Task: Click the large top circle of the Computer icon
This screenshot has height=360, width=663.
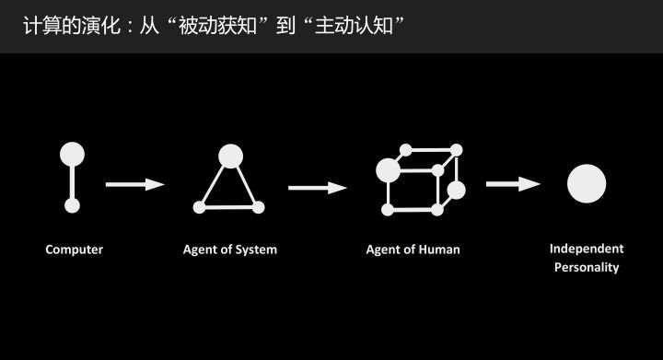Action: point(72,154)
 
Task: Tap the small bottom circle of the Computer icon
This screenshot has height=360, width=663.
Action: point(72,206)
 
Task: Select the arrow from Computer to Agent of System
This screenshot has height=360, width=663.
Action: point(134,184)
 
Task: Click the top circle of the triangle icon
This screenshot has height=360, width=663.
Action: point(230,155)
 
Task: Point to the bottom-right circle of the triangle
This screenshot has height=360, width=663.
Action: point(259,206)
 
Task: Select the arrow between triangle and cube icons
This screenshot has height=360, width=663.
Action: point(317,188)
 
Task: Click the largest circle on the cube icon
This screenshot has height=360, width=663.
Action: point(389,170)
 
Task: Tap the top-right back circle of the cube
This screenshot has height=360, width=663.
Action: point(456,149)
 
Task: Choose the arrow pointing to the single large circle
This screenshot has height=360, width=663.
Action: point(512,184)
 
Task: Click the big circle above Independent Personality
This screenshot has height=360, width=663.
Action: point(586,183)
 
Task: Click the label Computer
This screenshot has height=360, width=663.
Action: point(74,250)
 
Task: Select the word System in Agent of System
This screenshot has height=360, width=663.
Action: point(255,250)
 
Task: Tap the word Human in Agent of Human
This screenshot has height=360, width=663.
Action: point(439,250)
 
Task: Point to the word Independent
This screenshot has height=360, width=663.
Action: point(587,249)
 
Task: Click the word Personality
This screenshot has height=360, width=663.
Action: point(587,268)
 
